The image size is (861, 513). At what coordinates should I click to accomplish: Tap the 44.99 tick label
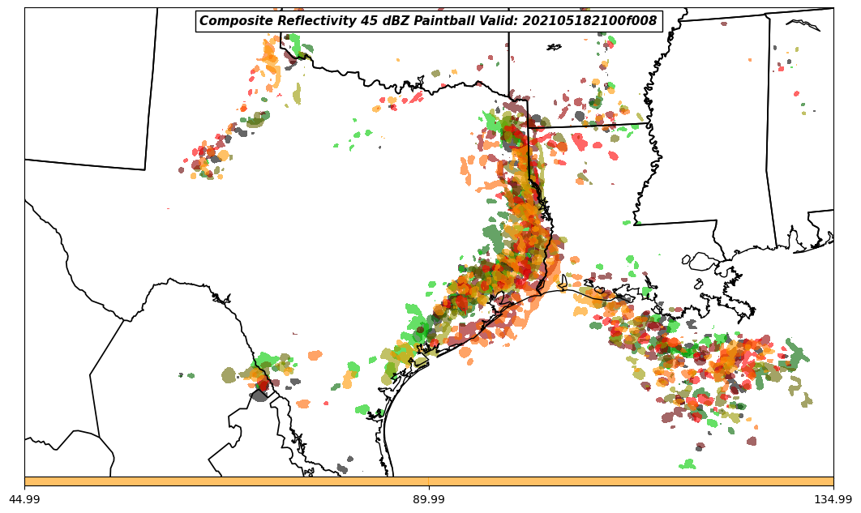24,499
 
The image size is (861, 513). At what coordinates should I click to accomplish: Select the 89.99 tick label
429,499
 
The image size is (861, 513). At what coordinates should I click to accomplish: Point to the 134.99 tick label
833,499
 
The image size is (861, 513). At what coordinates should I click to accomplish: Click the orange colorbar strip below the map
429,481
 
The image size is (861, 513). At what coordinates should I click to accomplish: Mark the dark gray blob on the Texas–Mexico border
259,395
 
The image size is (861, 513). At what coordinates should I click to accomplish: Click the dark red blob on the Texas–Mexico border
262,384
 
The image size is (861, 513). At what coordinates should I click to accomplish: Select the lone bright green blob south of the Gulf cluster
688,464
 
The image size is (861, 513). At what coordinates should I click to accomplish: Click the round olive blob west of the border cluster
229,374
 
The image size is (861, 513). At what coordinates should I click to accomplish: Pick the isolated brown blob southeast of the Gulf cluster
752,441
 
